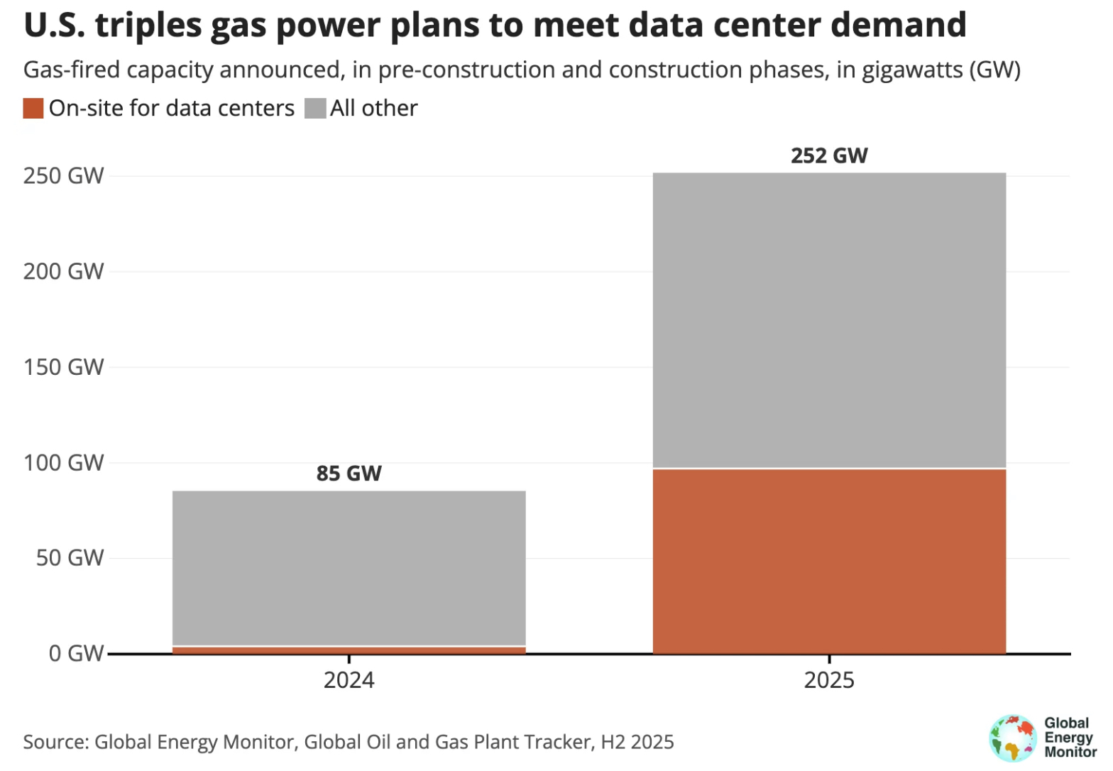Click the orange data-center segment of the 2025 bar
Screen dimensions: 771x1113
tap(829, 561)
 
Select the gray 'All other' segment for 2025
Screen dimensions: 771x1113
tap(829, 319)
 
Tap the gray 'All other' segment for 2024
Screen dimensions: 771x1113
tap(349, 567)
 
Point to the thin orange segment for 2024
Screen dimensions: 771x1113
tap(349, 650)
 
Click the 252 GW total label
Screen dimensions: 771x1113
tap(829, 155)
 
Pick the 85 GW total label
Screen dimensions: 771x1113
tap(349, 474)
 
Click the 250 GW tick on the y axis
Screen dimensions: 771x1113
tap(63, 176)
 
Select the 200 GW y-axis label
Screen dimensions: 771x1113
tap(63, 271)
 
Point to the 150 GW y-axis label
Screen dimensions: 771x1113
tap(63, 367)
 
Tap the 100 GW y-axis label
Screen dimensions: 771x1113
tap(63, 463)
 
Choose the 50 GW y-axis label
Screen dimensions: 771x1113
tap(70, 558)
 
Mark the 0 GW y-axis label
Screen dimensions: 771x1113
tap(76, 653)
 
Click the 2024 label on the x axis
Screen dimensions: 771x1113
tap(349, 680)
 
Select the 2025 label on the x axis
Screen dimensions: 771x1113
tap(829, 680)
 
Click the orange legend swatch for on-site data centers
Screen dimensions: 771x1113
tap(33, 109)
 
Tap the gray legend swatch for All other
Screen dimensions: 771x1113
tap(315, 109)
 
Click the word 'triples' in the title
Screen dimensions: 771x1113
tap(148, 26)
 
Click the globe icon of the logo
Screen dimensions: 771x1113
tap(1013, 738)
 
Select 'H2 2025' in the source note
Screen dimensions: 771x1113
tap(637, 742)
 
